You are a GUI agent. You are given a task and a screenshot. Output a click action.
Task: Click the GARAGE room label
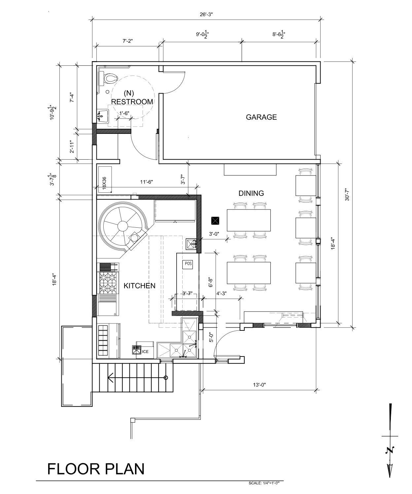pyautogui.click(x=261, y=117)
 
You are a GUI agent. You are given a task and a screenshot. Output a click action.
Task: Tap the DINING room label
pyautogui.click(x=251, y=193)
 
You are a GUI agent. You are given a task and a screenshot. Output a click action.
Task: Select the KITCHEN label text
pyautogui.click(x=139, y=285)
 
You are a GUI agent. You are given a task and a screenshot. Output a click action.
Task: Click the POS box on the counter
pyautogui.click(x=188, y=264)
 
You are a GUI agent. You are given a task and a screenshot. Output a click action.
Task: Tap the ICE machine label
pyautogui.click(x=145, y=352)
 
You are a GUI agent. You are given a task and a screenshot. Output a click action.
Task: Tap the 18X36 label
pyautogui.click(x=104, y=183)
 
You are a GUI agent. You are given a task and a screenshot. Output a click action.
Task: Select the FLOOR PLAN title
pyautogui.click(x=96, y=469)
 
